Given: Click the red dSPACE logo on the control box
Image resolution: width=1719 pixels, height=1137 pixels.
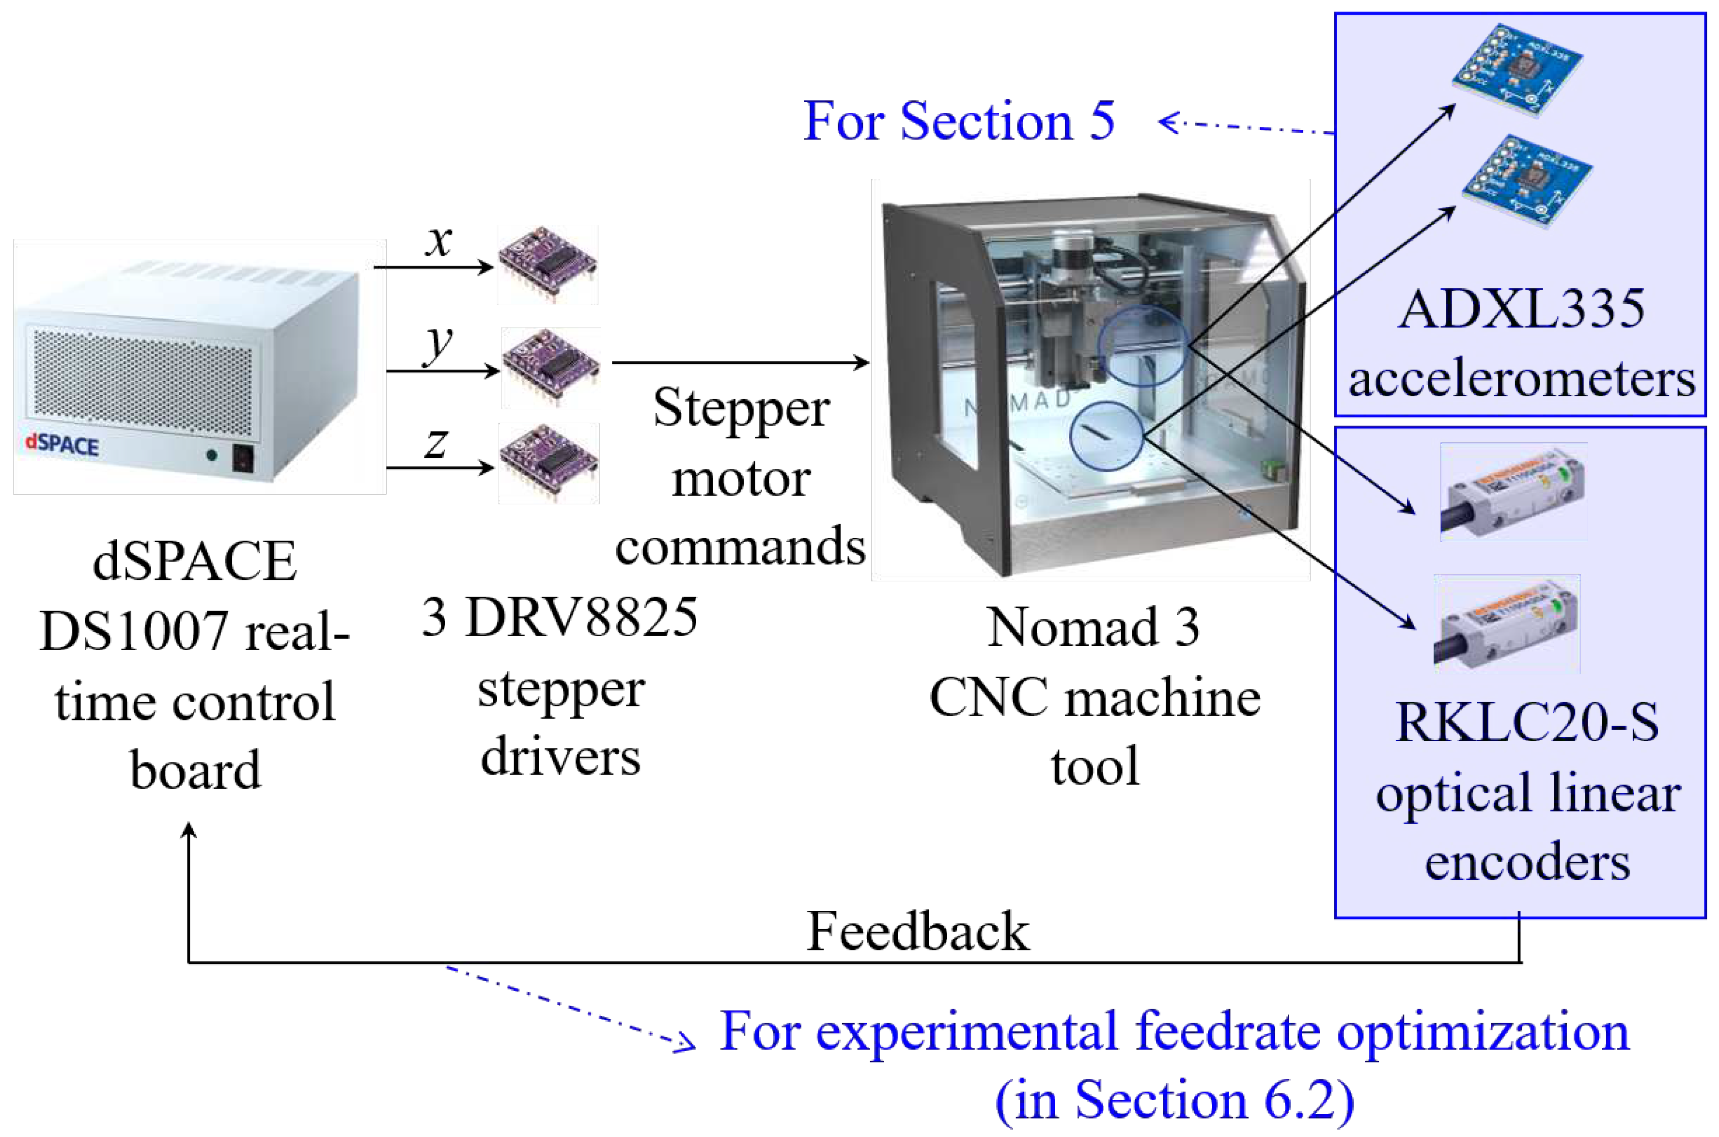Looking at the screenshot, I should tap(63, 444).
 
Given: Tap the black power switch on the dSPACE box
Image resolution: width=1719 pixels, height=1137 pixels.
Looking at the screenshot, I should tap(243, 457).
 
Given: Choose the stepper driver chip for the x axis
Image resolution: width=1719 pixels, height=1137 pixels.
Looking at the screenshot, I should tap(547, 265).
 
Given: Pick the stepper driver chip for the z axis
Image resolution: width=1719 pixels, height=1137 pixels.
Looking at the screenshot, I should tap(549, 463).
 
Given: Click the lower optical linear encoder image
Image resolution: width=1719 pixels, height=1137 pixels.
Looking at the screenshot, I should tap(1507, 623).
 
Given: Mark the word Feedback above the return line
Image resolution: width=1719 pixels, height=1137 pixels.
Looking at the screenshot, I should tap(917, 931).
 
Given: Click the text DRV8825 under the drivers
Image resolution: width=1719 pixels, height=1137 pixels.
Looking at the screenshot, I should tap(581, 617).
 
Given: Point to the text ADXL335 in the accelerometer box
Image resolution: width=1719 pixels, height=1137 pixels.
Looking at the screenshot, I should tap(1521, 310).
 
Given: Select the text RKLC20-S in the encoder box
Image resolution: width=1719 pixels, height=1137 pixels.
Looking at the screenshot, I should tap(1527, 722).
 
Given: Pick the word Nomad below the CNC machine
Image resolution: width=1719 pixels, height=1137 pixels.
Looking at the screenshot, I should tap(1072, 627).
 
